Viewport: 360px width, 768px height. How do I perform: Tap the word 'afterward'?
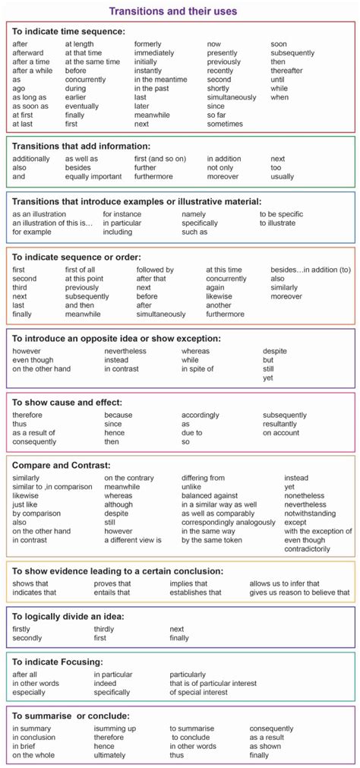coord(28,53)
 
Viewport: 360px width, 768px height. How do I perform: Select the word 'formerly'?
coord(148,43)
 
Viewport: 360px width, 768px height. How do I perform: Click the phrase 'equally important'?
coord(93,177)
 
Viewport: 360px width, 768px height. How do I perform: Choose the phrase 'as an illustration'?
coord(39,214)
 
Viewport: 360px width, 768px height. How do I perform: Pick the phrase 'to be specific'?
coord(283,214)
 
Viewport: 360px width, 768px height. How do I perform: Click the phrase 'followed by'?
coord(155,270)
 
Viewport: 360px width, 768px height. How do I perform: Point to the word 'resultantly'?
coord(280,424)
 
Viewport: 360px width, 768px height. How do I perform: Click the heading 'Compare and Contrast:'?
coord(62,464)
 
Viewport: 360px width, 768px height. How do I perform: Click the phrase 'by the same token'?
coord(212,540)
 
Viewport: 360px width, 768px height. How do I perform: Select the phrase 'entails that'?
coord(112,593)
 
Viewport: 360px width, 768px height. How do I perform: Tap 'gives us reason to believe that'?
coord(299,593)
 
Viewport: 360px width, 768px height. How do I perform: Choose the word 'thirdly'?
coord(104,629)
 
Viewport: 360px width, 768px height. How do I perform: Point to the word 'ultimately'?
coord(109,755)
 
